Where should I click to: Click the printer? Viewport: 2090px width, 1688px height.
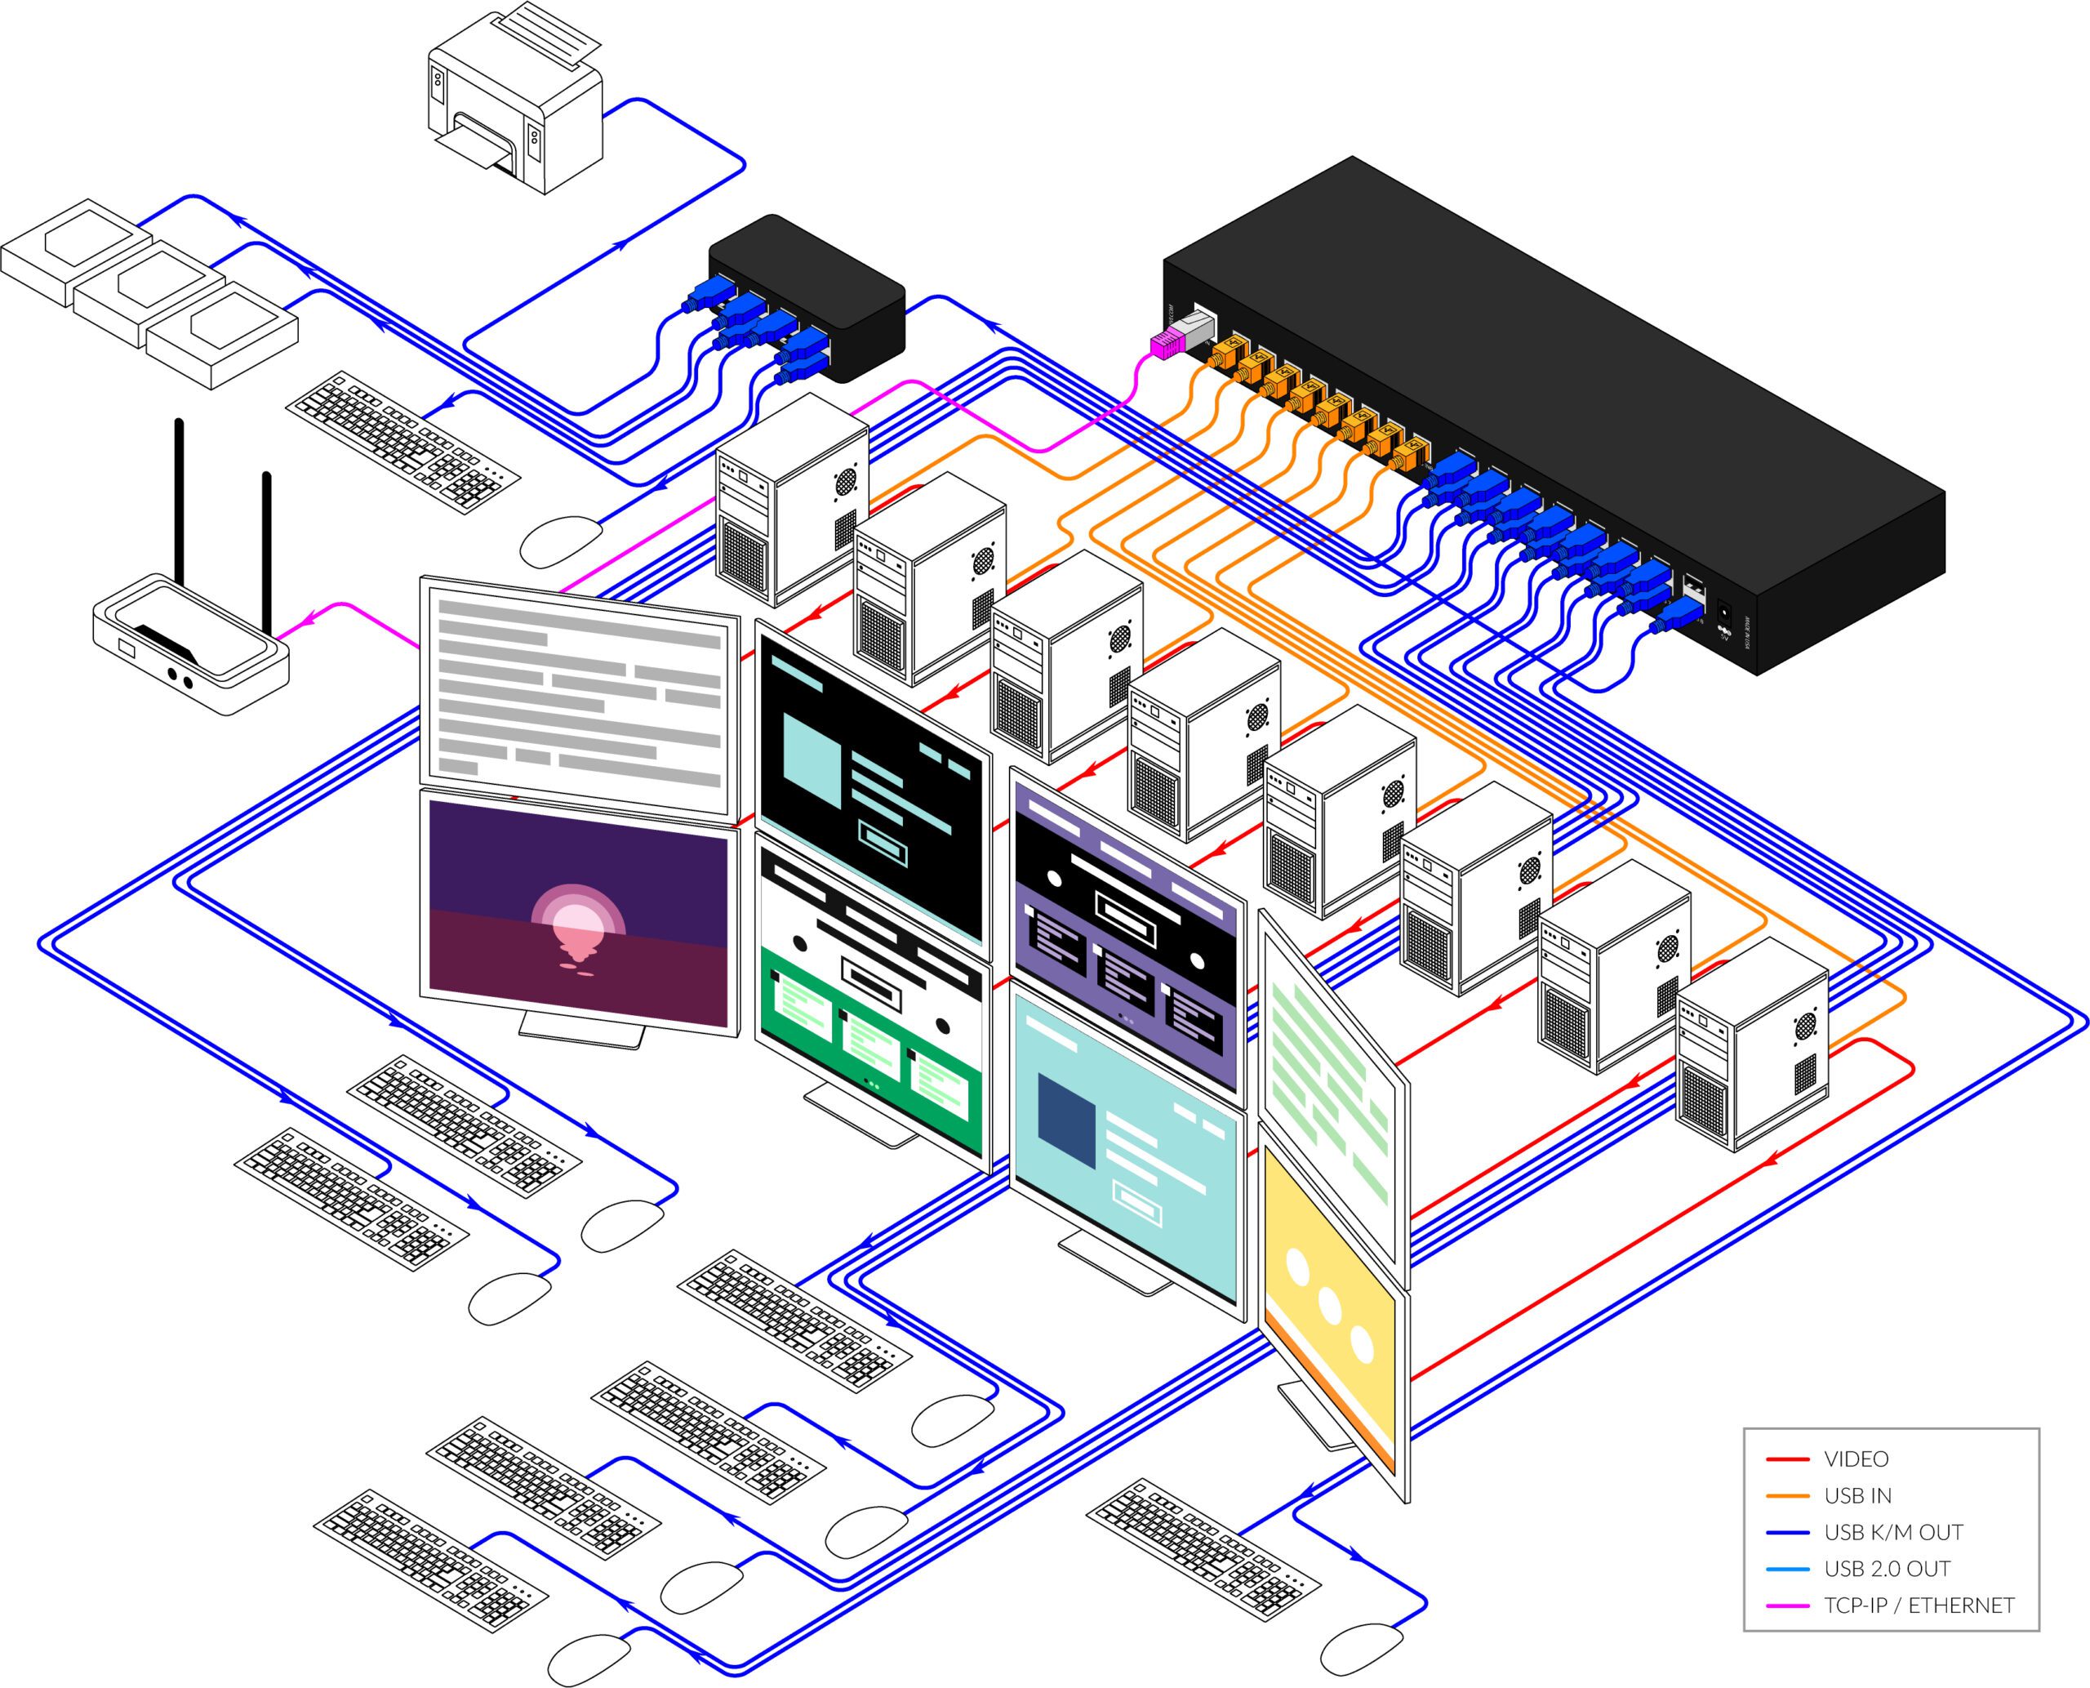point(516,102)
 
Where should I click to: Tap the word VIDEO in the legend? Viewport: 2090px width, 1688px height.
point(1857,1459)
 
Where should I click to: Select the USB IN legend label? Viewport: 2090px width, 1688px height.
point(1857,1495)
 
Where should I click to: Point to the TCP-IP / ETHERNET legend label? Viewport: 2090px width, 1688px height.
point(1919,1606)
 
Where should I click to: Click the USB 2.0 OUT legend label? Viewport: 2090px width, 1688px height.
point(1887,1569)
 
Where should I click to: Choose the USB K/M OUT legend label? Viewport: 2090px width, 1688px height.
point(1893,1532)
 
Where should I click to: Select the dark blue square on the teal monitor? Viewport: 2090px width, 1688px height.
point(1067,1118)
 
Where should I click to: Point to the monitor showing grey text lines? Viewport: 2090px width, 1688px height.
point(577,695)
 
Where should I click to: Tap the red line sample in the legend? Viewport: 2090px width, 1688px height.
point(1787,1459)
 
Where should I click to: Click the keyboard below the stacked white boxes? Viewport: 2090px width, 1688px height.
point(402,442)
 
